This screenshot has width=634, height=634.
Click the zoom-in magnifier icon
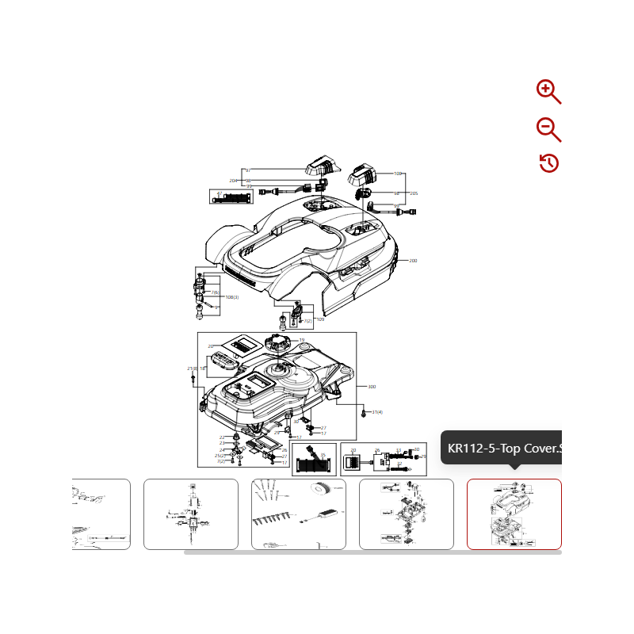(x=548, y=92)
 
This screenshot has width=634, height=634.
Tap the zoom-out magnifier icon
(x=548, y=129)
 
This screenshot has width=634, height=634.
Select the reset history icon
(x=548, y=163)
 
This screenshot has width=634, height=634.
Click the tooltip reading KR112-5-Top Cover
(x=504, y=449)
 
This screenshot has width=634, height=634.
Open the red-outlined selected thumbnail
(x=514, y=514)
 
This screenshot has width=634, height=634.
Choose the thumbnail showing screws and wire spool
(x=298, y=514)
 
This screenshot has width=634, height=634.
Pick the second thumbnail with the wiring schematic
(x=190, y=514)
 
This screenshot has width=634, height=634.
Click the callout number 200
(x=413, y=261)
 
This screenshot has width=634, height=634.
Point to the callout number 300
(x=371, y=387)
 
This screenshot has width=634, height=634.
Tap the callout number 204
(x=233, y=181)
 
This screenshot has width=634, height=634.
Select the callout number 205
(x=414, y=193)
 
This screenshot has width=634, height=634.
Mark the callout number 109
(x=320, y=319)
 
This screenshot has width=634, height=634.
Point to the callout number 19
(x=301, y=341)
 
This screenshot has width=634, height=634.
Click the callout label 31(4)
(x=377, y=412)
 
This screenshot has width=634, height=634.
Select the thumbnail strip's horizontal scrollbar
(x=372, y=552)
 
